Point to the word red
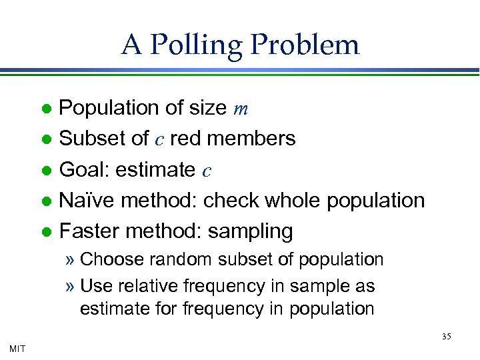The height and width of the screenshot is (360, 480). (183, 139)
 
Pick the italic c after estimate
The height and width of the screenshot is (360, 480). (207, 171)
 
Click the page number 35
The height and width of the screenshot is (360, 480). (446, 337)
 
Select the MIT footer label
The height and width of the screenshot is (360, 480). (18, 347)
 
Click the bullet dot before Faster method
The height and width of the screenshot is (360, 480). (46, 232)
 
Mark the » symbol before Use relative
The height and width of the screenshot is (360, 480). (70, 287)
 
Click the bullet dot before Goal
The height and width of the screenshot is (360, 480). (46, 171)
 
